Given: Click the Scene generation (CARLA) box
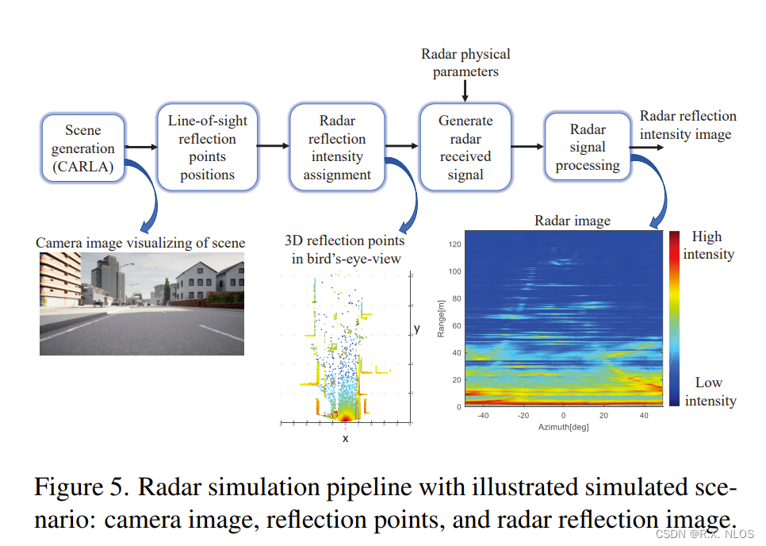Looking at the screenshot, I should (x=83, y=148).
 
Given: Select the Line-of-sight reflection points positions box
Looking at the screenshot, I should (x=208, y=148).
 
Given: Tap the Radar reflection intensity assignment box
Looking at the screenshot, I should (x=337, y=148).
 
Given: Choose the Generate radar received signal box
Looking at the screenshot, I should (x=465, y=148).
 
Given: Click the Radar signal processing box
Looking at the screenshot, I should (x=588, y=148).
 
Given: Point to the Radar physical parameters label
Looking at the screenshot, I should (x=465, y=63).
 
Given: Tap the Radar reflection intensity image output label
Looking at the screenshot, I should (x=687, y=125).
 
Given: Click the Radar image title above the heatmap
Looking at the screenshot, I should (x=573, y=221).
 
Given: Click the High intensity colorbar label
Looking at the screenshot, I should (x=708, y=244).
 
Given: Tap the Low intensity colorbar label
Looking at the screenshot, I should (x=710, y=391).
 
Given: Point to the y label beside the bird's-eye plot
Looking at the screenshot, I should (x=416, y=328).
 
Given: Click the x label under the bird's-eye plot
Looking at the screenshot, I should (x=345, y=437).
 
